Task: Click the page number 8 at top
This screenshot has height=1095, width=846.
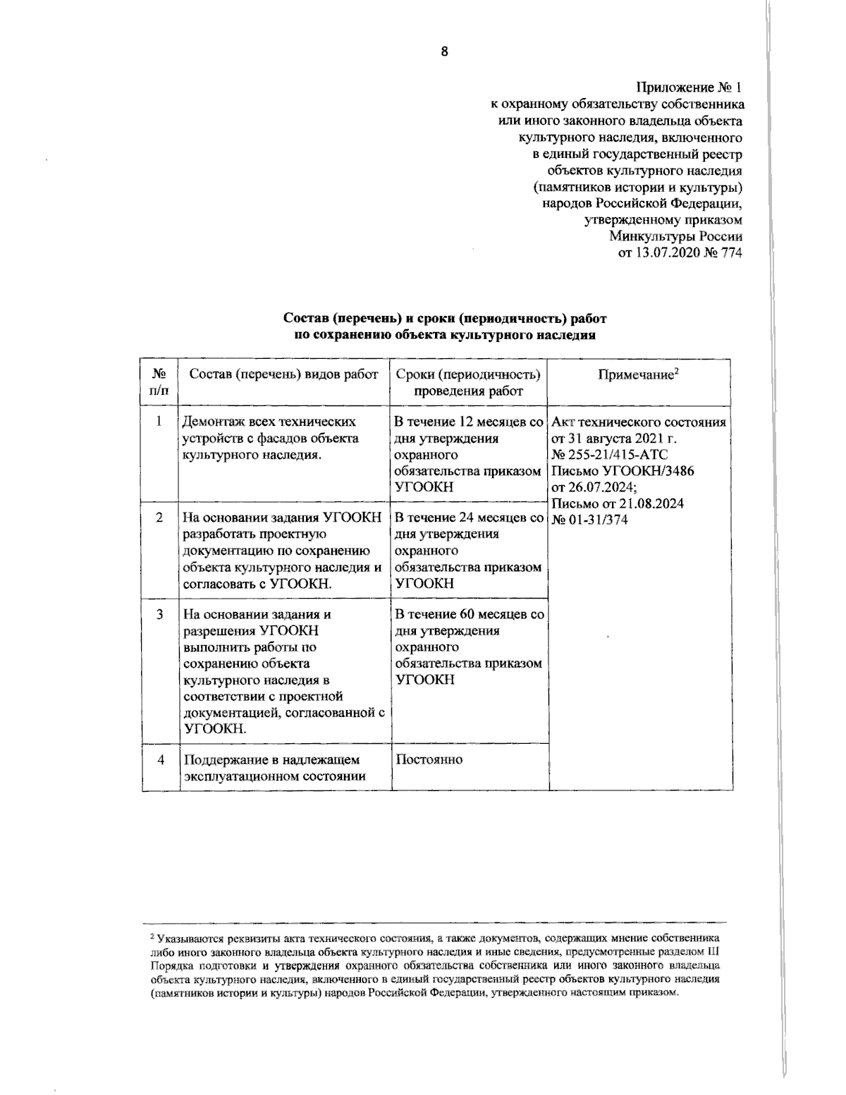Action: coord(445,51)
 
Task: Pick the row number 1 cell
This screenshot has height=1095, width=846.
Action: coord(160,422)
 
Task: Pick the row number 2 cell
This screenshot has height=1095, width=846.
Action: coord(160,518)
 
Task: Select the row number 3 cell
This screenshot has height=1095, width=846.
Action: coord(160,614)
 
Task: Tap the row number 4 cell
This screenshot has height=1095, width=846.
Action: coord(160,760)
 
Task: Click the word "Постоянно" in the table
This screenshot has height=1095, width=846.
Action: coord(429,760)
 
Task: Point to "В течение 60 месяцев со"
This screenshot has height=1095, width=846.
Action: coord(470,614)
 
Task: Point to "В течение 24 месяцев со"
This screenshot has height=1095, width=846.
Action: coord(470,518)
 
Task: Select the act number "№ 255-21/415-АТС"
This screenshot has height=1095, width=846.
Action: coord(610,455)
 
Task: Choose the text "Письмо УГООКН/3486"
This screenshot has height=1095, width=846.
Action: coord(623,471)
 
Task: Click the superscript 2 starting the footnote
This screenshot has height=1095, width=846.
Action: coord(152,938)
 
